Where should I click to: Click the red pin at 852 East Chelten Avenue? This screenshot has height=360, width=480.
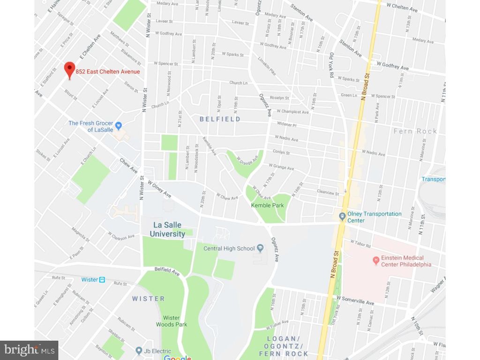(x=69, y=70)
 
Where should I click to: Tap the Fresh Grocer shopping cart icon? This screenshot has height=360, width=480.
(x=119, y=125)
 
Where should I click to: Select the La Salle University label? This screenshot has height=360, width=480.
(x=167, y=229)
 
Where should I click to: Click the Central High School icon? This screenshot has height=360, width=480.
(x=260, y=248)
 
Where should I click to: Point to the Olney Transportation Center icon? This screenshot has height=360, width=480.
(x=343, y=216)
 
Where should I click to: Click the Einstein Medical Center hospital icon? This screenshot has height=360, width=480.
(x=375, y=260)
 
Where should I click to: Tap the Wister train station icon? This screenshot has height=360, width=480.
(x=102, y=279)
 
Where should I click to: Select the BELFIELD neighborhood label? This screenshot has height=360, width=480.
(x=220, y=119)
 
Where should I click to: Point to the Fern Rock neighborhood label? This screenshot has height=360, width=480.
(x=415, y=131)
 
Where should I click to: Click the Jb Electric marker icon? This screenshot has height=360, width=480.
(x=138, y=351)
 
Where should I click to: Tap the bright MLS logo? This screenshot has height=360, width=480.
(x=30, y=350)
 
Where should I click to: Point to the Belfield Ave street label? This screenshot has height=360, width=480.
(x=167, y=271)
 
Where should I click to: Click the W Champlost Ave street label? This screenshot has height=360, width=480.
(x=292, y=112)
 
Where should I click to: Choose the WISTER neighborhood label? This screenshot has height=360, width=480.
(x=148, y=299)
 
